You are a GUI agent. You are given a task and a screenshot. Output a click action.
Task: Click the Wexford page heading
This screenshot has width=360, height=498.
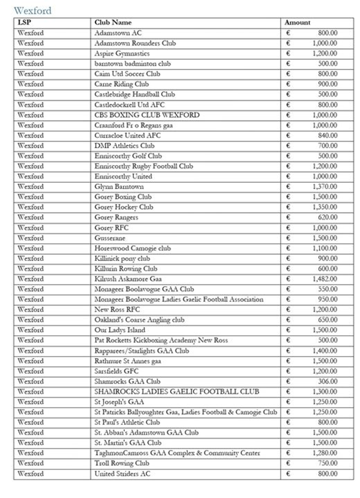point(33,10)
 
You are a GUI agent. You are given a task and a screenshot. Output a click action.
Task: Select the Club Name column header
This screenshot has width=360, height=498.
point(113,22)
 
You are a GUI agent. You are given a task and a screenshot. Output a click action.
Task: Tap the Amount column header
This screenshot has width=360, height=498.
point(298,22)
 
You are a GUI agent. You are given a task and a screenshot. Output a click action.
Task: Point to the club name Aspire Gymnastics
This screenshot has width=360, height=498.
point(122,53)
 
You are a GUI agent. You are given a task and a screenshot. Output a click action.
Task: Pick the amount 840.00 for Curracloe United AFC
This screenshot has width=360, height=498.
point(328,135)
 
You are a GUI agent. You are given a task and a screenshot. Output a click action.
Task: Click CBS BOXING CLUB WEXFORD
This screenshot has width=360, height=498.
point(147,114)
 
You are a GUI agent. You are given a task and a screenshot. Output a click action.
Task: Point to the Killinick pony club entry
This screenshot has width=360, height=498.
point(122,258)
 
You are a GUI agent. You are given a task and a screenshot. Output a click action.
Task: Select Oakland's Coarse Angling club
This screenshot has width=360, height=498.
point(139,320)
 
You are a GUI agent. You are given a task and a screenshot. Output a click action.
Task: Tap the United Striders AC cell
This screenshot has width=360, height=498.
point(122,474)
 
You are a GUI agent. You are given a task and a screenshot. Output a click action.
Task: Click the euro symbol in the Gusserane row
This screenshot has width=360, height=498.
point(288,238)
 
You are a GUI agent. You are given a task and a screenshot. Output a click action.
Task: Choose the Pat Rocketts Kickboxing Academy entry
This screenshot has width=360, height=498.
point(161,340)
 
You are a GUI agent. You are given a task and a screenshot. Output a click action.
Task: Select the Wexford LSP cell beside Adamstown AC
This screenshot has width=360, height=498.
point(30,33)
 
